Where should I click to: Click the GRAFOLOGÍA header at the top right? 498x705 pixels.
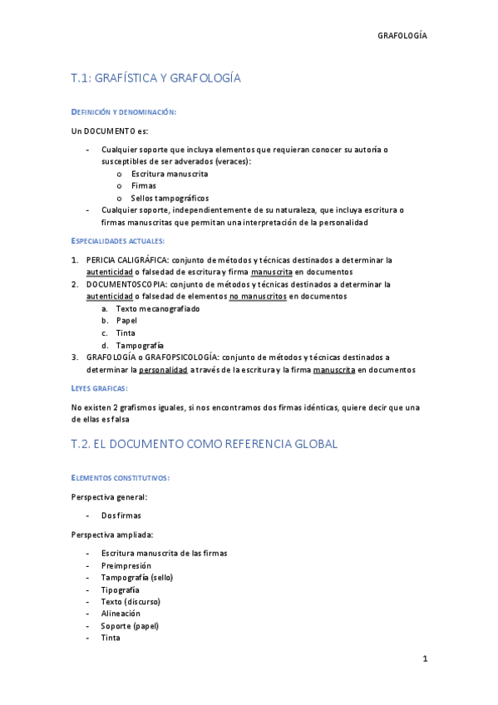(x=402, y=37)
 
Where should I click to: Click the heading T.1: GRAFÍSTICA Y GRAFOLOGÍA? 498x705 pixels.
(x=155, y=78)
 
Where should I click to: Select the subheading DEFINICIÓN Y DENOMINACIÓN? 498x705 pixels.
(x=123, y=111)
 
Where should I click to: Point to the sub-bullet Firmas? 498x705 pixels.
(x=144, y=186)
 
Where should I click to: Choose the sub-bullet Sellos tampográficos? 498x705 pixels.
(x=170, y=199)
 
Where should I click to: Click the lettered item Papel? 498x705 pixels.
(x=126, y=321)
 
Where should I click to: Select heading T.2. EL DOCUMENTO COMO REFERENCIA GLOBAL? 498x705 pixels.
(x=205, y=444)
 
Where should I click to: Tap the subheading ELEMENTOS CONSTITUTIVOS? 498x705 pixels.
(x=121, y=478)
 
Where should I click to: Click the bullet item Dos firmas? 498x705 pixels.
(x=121, y=515)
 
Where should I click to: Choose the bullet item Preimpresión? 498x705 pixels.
(x=126, y=565)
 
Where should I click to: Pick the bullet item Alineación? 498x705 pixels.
(x=121, y=614)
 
